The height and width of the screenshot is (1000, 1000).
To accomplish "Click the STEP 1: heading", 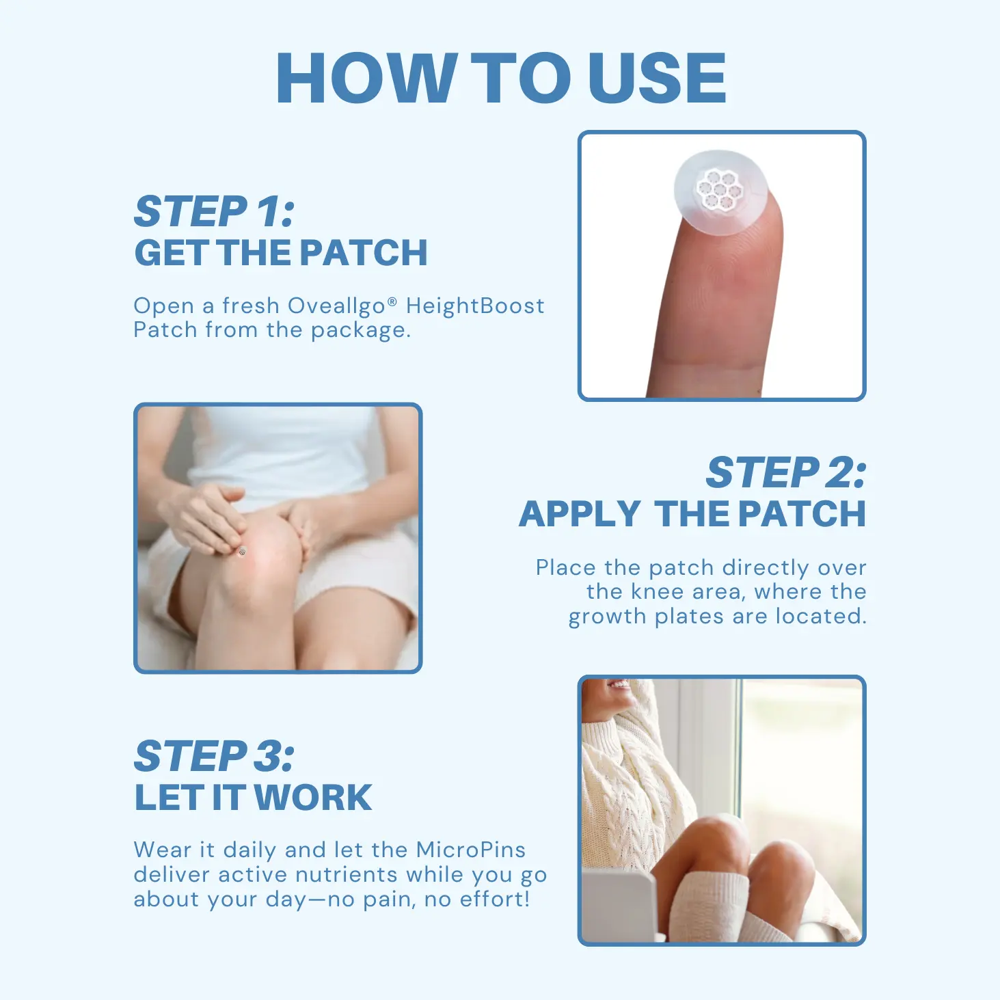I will tap(214, 211).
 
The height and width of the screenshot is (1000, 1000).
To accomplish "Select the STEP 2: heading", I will tap(785, 473).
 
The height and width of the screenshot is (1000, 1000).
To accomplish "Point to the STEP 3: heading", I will tap(214, 756).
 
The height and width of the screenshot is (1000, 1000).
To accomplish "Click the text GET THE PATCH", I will tap(281, 253).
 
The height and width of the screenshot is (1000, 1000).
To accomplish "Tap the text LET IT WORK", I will tap(253, 798).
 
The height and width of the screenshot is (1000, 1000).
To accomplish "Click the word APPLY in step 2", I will tap(580, 514).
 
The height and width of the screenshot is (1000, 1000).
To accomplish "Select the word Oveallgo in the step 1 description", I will tap(336, 306).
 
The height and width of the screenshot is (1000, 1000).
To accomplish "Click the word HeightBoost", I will tap(475, 306).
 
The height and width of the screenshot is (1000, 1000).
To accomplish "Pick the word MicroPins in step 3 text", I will tap(471, 850).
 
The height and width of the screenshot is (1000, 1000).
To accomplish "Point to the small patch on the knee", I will tap(241, 551).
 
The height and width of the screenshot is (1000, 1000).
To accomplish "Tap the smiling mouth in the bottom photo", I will tap(619, 684).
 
